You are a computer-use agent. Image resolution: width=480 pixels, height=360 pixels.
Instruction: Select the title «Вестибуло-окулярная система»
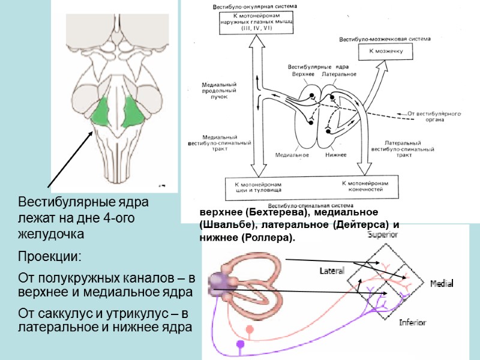tap(247, 7)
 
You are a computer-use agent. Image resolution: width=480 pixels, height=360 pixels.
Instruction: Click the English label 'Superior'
tap(383, 235)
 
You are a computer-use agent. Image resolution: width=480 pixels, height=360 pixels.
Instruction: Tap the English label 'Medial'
tap(442, 283)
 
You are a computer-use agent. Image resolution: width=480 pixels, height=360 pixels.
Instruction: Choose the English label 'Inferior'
tap(413, 323)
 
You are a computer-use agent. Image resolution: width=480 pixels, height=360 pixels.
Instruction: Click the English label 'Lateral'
tap(332, 271)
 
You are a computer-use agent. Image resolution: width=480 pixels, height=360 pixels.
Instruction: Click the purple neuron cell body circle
tap(241, 344)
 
